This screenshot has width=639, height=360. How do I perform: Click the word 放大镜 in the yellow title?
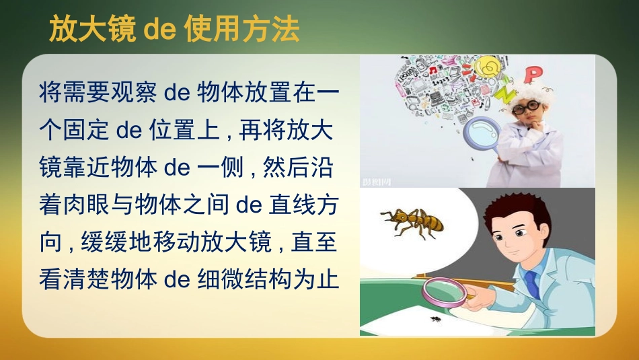tap(92, 29)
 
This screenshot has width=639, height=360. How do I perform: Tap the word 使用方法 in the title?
tap(242, 29)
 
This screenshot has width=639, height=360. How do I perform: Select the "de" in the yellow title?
tap(160, 30)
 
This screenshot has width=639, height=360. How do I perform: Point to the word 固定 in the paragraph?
tap(85, 130)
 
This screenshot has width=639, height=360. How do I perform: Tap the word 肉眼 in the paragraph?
tap(85, 205)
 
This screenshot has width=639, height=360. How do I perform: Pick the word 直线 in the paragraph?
tap(292, 205)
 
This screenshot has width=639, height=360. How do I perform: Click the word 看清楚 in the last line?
tap(74, 280)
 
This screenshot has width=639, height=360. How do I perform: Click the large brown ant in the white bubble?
tap(412, 223)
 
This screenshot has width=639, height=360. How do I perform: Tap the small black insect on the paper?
tap(436, 318)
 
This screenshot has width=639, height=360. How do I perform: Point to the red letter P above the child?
tap(533, 75)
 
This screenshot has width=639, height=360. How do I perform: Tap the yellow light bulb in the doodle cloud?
tap(486, 67)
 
